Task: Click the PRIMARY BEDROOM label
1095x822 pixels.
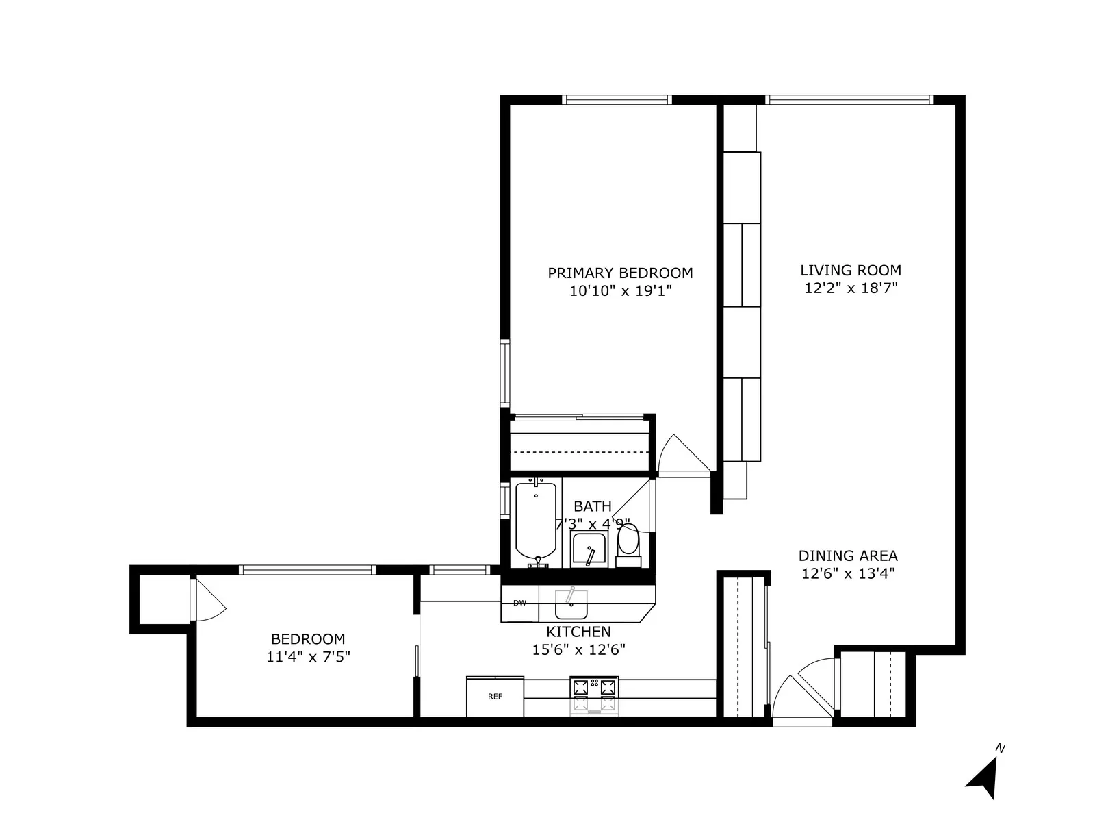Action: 620,273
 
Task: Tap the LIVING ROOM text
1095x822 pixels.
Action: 851,270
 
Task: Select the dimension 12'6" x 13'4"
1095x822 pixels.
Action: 848,573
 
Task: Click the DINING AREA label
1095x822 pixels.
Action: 848,556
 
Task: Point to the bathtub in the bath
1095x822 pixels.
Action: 535,521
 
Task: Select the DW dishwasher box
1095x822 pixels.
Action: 520,603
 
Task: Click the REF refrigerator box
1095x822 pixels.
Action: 495,697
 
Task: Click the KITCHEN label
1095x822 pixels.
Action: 578,632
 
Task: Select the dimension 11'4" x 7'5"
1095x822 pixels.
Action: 308,657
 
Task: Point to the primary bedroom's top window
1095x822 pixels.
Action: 616,100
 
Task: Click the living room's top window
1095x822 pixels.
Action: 849,100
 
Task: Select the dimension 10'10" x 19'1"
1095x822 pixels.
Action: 620,291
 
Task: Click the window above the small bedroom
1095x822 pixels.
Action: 307,570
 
